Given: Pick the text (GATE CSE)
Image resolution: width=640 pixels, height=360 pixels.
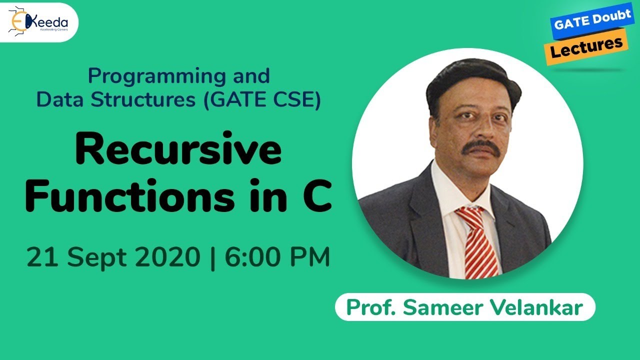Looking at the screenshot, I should (261, 99).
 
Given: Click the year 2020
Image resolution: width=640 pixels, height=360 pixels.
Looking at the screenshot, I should (166, 257).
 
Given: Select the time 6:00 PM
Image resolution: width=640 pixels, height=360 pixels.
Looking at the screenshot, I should (276, 257).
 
